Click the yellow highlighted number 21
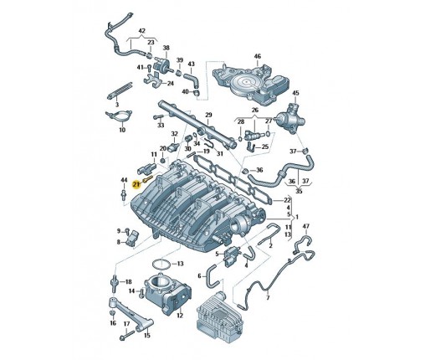pos(136,184)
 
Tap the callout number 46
pos(258,56)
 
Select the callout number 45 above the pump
pos(295,93)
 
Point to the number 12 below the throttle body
pos(180,316)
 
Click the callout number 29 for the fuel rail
pos(208,115)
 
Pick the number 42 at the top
pos(142,31)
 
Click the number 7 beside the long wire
pos(268,298)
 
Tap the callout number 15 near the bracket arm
pos(147,335)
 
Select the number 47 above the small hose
pos(306,226)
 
